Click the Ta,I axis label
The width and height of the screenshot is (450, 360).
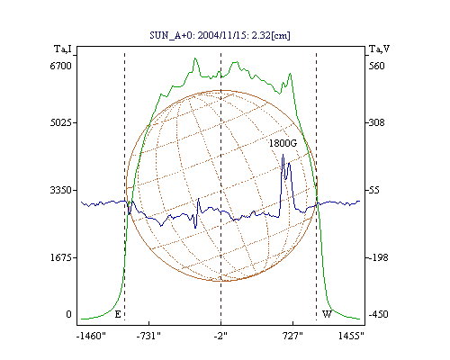click(x=63, y=49)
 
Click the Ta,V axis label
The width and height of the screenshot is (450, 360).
click(x=379, y=49)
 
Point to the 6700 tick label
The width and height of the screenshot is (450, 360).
click(x=61, y=66)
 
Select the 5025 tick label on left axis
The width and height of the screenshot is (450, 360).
click(x=61, y=122)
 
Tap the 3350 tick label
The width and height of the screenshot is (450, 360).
click(x=61, y=190)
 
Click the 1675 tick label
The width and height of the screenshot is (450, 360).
click(x=61, y=257)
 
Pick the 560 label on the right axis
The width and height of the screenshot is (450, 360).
click(x=376, y=66)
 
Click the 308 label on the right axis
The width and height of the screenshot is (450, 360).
click(x=376, y=122)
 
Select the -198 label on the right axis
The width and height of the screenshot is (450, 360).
click(x=378, y=257)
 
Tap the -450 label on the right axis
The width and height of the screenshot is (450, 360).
click(x=378, y=314)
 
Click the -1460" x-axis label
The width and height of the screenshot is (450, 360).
click(x=91, y=336)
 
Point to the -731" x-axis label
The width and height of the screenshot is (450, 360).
click(x=148, y=336)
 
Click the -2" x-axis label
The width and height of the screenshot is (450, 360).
click(x=220, y=336)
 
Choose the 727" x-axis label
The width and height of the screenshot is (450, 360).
click(x=292, y=336)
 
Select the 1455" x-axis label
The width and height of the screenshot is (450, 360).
click(x=351, y=336)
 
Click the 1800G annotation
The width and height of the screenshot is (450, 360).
click(x=283, y=143)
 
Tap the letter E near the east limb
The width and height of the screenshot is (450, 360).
click(x=118, y=314)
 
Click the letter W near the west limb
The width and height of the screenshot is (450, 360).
click(x=327, y=314)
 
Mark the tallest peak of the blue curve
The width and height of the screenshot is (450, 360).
click(x=283, y=155)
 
